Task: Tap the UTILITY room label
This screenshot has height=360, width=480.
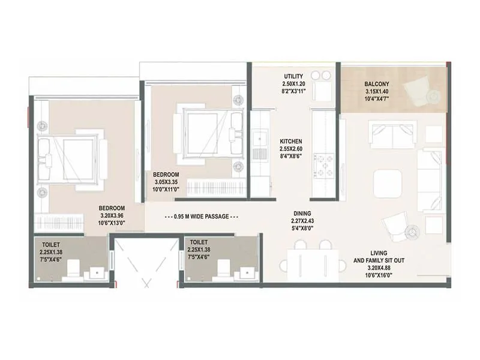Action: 293,76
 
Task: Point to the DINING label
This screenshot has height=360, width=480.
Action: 302,213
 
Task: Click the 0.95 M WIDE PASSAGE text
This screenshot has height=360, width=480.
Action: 201,217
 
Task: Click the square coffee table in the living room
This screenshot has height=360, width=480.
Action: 388,184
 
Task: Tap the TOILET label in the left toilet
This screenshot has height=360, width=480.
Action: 51,245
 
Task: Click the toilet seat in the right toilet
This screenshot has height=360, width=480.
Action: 223,268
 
